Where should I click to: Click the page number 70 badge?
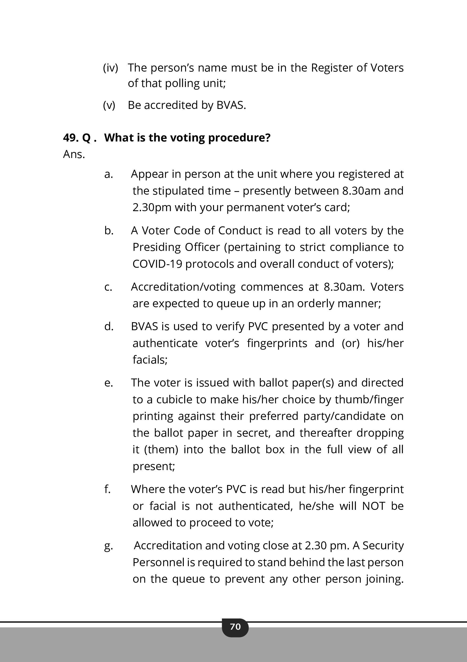tap(235, 626)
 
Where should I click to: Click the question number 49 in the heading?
tap(71, 138)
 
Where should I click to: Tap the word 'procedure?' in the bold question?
tap(239, 138)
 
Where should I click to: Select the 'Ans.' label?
tap(74, 155)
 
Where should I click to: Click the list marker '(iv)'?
tap(111, 68)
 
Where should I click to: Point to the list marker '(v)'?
tap(109, 105)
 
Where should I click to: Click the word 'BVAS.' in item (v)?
tap(231, 105)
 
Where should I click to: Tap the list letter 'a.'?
tap(108, 174)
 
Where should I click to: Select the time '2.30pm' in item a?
tap(152, 208)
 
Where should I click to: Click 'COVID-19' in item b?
tap(157, 264)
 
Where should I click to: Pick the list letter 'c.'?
tap(108, 287)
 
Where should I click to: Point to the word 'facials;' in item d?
tap(150, 360)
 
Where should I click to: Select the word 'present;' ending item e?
tap(154, 466)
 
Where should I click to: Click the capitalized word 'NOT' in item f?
tap(373, 506)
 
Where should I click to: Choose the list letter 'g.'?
tap(108, 546)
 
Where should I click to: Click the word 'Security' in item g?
tap(383, 546)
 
